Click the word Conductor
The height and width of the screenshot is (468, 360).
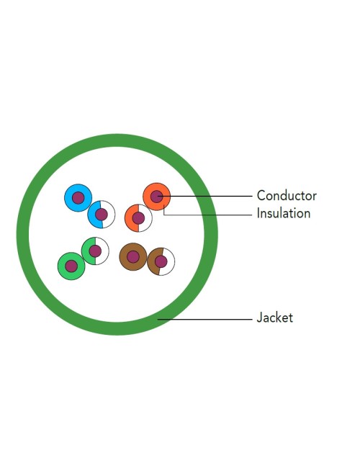pyautogui.click(x=287, y=196)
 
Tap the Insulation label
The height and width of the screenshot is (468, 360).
pyautogui.click(x=284, y=213)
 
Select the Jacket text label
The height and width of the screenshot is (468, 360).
pyautogui.click(x=275, y=318)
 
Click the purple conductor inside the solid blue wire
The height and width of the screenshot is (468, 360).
pyautogui.click(x=78, y=197)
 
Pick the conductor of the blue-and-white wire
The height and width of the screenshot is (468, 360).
pyautogui.click(x=102, y=215)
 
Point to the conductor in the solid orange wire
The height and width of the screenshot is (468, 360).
pyautogui.click(x=156, y=197)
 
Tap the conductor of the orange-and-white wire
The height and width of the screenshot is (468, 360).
pyautogui.click(x=138, y=218)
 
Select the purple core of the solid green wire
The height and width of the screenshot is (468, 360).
pyautogui.click(x=71, y=266)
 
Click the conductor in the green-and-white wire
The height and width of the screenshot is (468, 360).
pyautogui.click(x=95, y=251)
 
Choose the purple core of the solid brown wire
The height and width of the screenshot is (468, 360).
pyautogui.click(x=132, y=257)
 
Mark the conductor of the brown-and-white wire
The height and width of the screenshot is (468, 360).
pyautogui.click(x=161, y=262)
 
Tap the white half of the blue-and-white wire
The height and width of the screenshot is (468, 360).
pyautogui.click(x=110, y=215)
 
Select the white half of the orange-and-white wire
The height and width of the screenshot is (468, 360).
pyautogui.click(x=148, y=218)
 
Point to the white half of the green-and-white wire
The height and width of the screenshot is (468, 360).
pyautogui.click(x=104, y=251)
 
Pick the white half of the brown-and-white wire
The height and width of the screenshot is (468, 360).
pyautogui.click(x=170, y=262)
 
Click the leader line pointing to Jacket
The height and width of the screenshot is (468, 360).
pyautogui.click(x=205, y=320)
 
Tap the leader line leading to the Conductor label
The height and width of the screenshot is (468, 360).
pyautogui.click(x=204, y=197)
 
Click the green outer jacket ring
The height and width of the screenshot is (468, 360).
pyautogui.click(x=23, y=235)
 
